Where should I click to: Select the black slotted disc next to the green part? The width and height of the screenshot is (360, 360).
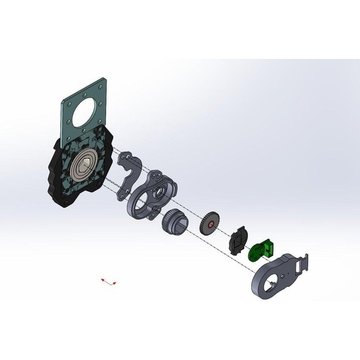click(237, 240)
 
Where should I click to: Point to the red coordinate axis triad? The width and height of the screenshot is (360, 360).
click(109, 281)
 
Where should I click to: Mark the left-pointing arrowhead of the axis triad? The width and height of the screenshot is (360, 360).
click(102, 279)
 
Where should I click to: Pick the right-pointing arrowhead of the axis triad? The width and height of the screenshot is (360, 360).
click(116, 283)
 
